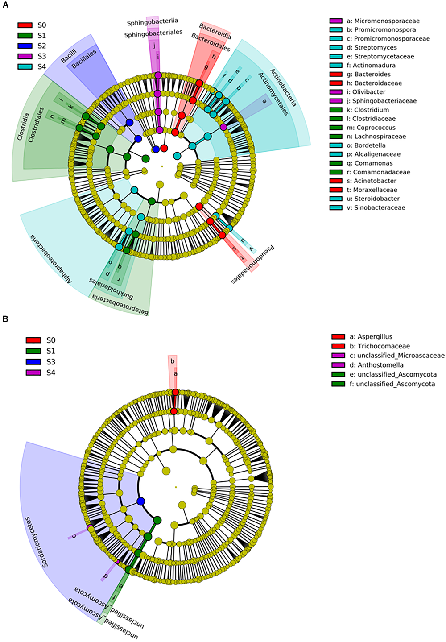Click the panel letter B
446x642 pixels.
5,319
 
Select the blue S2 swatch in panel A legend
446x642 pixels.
25,46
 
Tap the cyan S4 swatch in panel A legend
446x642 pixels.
25,67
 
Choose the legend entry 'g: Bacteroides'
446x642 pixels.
372,74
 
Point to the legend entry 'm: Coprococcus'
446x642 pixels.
375,128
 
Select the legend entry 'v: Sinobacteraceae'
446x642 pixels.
380,207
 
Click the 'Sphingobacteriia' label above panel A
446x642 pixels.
152,21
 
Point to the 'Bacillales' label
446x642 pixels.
84,59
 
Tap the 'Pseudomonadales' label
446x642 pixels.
252,265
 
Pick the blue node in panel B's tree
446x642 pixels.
141,501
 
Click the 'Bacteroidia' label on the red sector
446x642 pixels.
215,31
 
